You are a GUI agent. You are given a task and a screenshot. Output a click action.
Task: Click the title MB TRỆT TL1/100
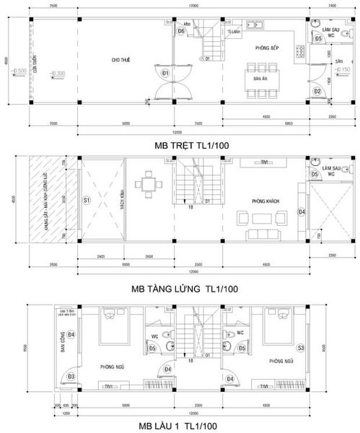180,145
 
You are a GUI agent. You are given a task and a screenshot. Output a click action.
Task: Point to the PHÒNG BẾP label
266,48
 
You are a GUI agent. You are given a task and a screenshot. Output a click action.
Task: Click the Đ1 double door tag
165,73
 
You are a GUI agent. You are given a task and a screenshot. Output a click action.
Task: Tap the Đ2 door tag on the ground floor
317,91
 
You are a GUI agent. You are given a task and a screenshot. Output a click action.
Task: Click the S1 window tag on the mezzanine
86,199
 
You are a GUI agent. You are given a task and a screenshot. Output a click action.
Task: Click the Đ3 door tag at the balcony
71,377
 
